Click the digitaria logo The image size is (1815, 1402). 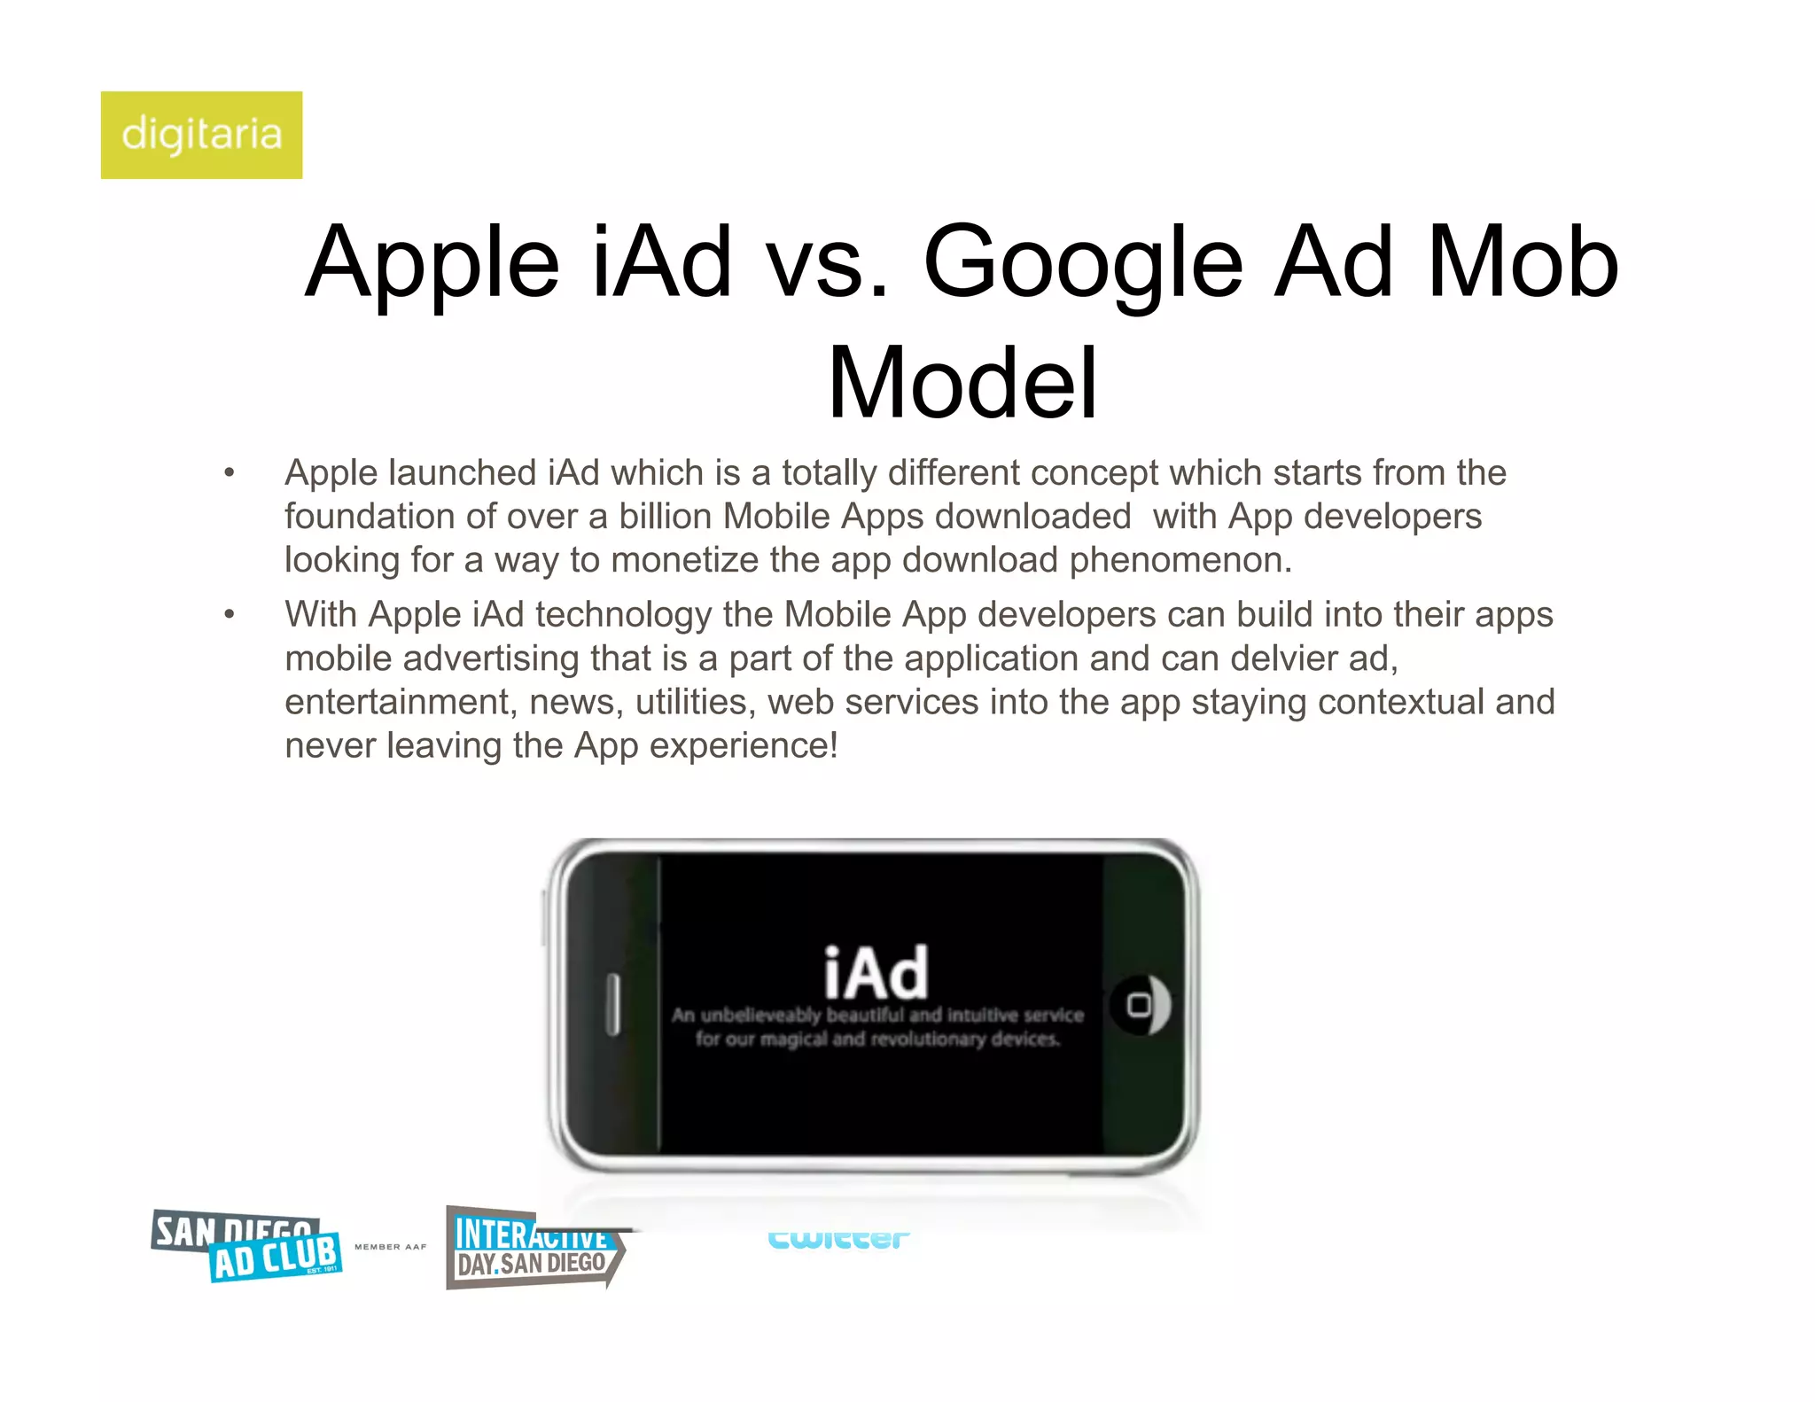pyautogui.click(x=201, y=135)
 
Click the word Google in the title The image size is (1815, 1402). pyautogui.click(x=1083, y=262)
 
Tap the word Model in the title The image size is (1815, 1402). pyautogui.click(x=962, y=383)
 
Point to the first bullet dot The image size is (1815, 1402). pyautogui.click(x=230, y=473)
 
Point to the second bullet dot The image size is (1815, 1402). pyautogui.click(x=230, y=614)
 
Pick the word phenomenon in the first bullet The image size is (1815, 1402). pyautogui.click(x=1180, y=560)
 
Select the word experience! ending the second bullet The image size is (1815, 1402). pyautogui.click(x=744, y=746)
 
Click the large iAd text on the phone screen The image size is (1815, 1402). pyautogui.click(x=876, y=973)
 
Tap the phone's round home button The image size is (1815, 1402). pyautogui.click(x=1140, y=1005)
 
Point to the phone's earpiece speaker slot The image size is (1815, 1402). pyautogui.click(x=612, y=1005)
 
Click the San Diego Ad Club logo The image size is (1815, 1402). pyautogui.click(x=247, y=1246)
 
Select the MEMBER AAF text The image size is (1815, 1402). pyautogui.click(x=390, y=1247)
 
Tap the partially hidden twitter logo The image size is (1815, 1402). pyautogui.click(x=837, y=1238)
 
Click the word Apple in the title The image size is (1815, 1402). pyautogui.click(x=432, y=262)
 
